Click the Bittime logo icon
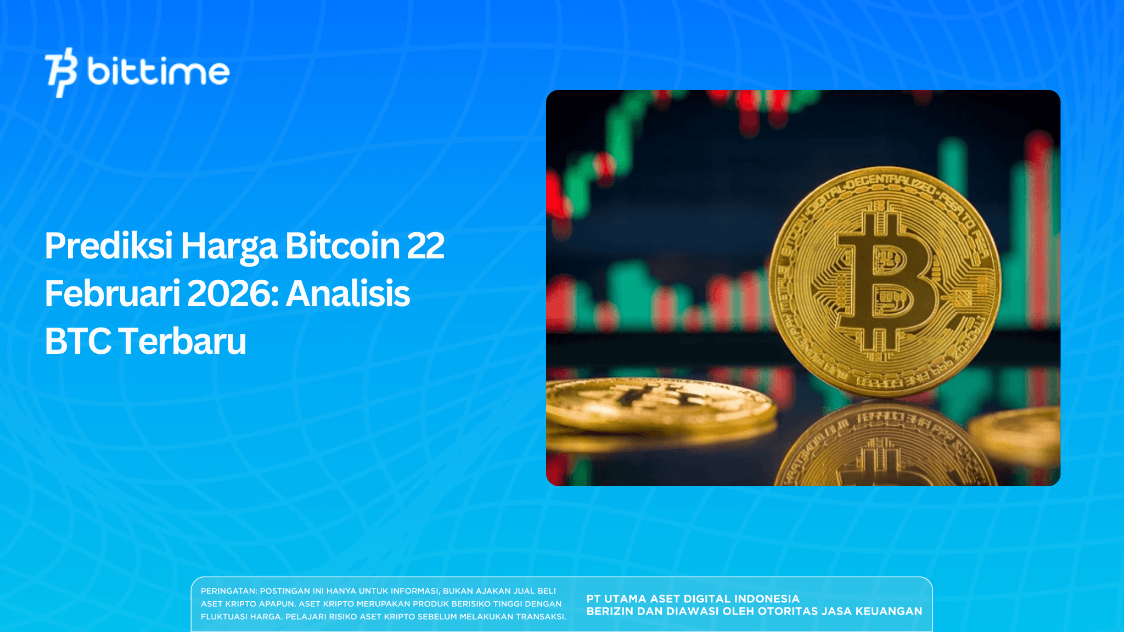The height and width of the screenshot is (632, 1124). (x=61, y=72)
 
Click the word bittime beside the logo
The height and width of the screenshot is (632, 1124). (x=158, y=72)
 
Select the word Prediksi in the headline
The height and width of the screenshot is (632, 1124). (x=109, y=246)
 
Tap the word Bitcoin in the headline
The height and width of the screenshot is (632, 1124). (x=342, y=246)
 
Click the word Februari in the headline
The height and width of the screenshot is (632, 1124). (x=113, y=294)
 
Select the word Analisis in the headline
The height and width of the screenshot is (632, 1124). (x=348, y=294)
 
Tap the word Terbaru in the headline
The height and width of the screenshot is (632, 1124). (x=182, y=341)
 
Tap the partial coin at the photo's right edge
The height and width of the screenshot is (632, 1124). (x=1021, y=433)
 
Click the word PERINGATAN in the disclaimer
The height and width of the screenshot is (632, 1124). (x=228, y=591)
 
